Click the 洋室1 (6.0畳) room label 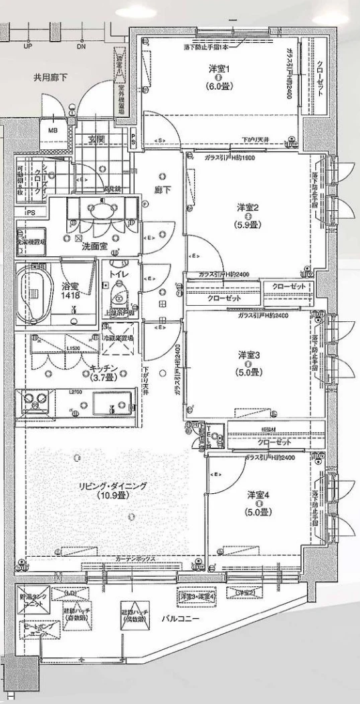click(x=219, y=78)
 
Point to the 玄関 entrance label click(x=96, y=140)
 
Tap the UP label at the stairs click(x=28, y=47)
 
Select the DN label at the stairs click(x=81, y=47)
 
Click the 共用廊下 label click(x=51, y=78)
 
